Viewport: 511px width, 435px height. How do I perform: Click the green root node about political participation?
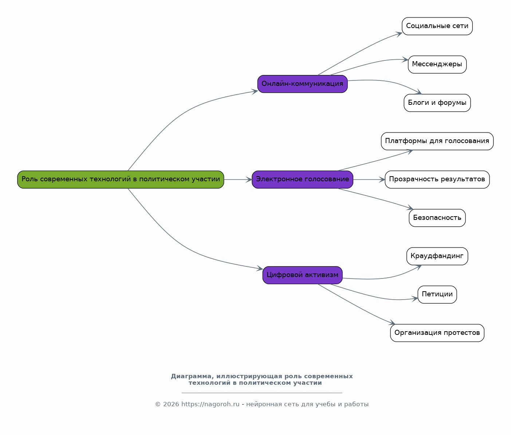pos(121,179)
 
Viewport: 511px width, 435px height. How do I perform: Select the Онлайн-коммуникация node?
pos(302,84)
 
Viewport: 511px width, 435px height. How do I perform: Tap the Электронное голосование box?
pos(302,179)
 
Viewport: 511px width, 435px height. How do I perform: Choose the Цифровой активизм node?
pos(302,275)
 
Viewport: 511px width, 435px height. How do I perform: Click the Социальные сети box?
pos(437,26)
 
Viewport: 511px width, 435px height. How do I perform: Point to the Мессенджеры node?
pos(437,64)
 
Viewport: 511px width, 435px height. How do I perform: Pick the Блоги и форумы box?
pos(437,103)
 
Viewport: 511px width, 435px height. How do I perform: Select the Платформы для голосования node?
pos(437,141)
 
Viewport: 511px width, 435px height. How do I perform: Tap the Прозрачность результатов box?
pos(437,179)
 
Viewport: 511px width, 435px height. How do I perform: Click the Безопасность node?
pos(437,218)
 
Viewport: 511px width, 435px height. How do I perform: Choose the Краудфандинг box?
pos(437,256)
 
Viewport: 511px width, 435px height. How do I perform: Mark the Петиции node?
pos(437,294)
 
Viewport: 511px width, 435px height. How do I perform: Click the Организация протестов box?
pos(437,333)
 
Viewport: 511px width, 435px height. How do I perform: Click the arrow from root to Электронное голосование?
pos(237,179)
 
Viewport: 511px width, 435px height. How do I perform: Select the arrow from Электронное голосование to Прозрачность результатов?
pos(368,179)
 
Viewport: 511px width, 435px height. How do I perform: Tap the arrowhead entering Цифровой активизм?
pos(260,269)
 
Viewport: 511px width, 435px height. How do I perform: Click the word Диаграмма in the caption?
pos(190,376)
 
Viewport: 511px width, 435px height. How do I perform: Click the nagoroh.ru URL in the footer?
pos(210,404)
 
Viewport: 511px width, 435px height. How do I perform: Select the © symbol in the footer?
pos(158,404)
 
